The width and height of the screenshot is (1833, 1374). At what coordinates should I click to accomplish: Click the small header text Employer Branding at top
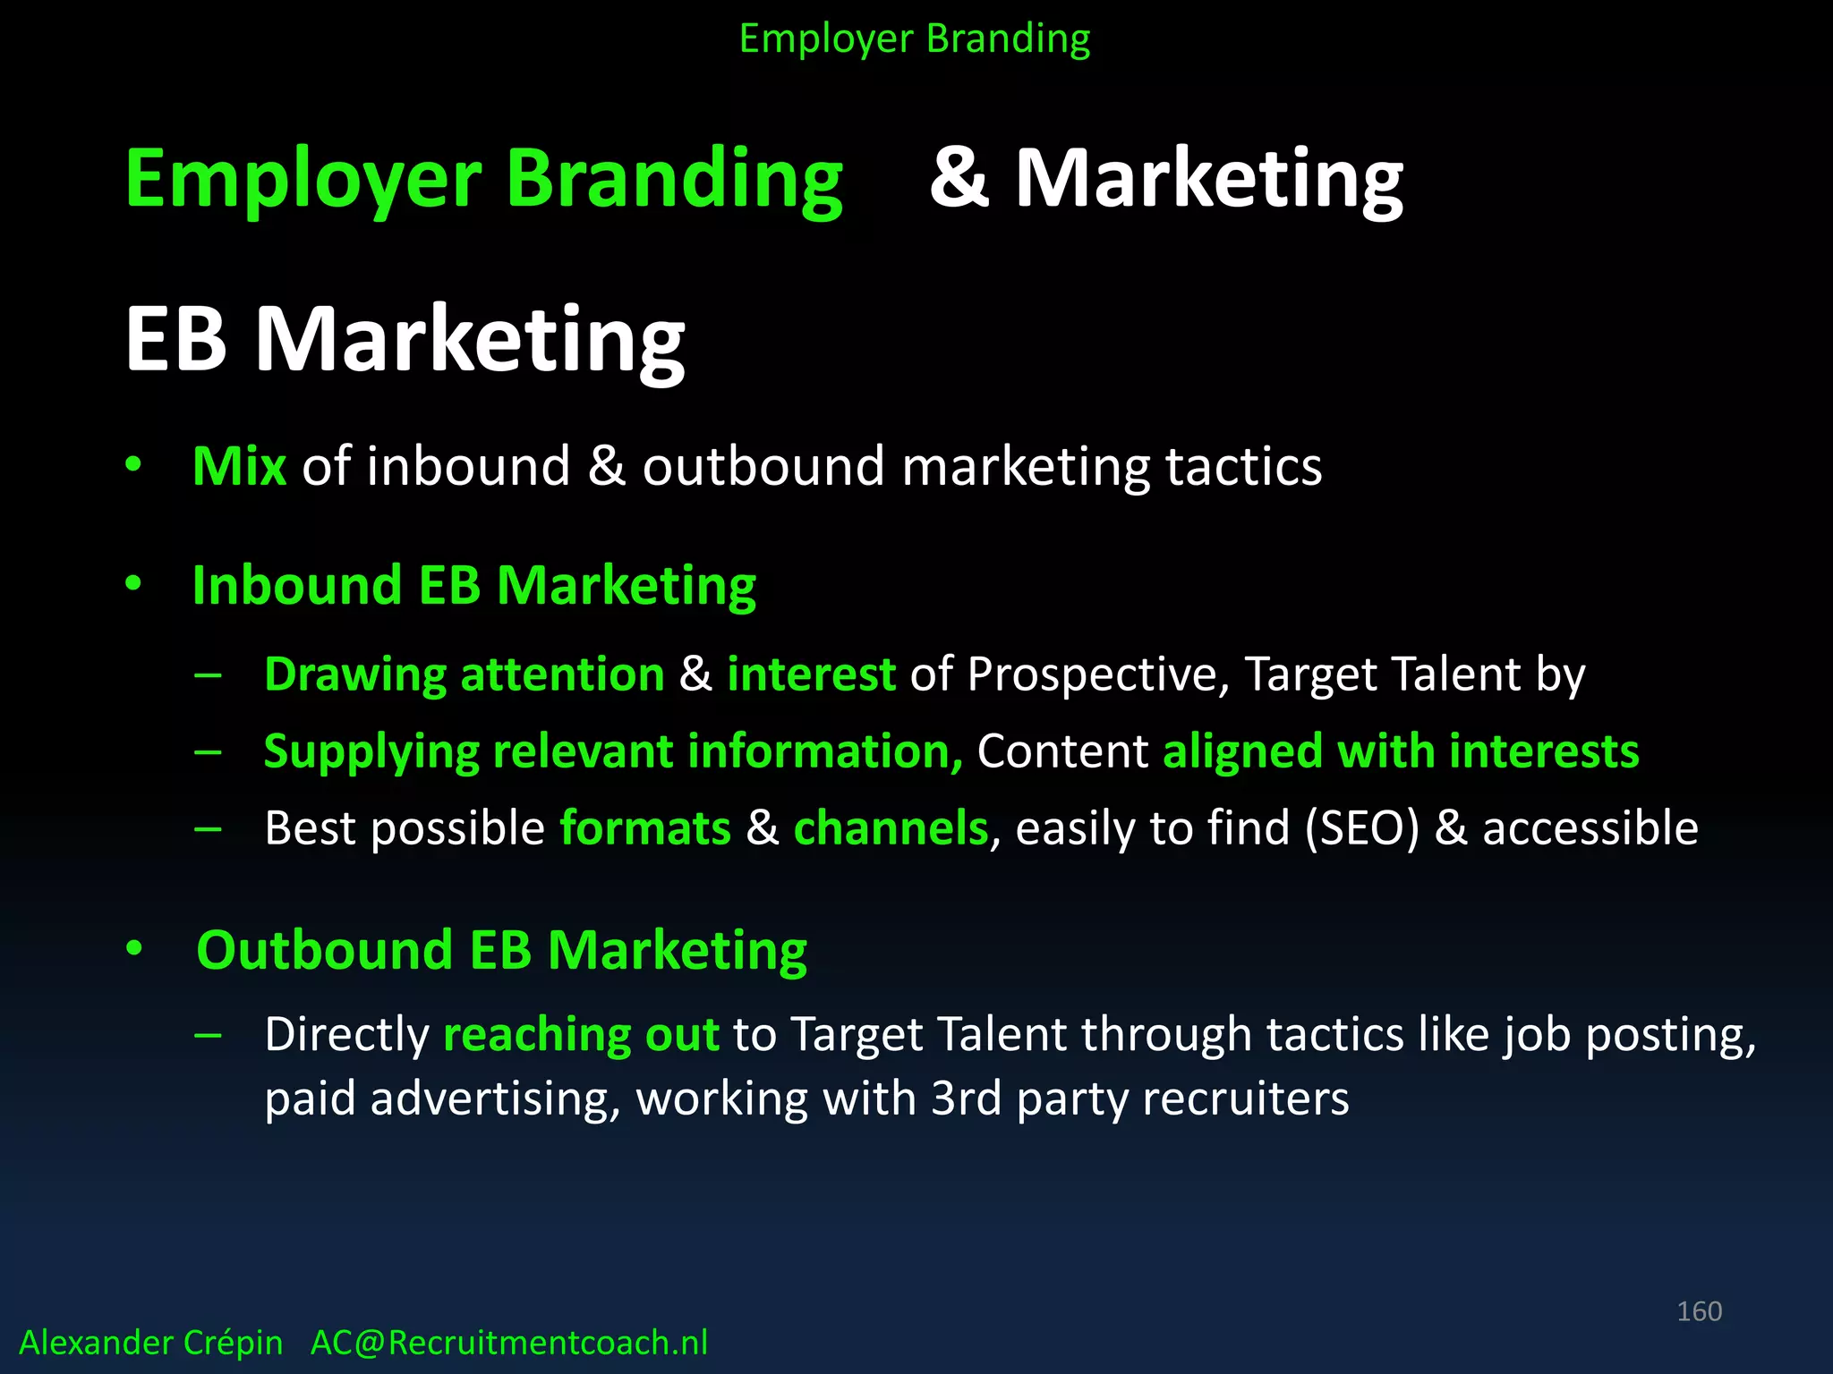click(x=915, y=39)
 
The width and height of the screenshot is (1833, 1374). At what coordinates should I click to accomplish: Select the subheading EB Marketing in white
click(x=405, y=339)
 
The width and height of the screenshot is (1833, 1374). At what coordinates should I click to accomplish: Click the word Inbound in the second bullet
click(x=296, y=586)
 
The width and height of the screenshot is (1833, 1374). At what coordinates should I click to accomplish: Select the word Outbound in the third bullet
click(x=324, y=950)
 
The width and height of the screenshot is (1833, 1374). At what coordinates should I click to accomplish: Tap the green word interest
click(x=811, y=674)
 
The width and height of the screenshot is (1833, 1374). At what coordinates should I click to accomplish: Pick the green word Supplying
click(x=371, y=752)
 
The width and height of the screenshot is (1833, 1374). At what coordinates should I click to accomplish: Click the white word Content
click(x=1062, y=751)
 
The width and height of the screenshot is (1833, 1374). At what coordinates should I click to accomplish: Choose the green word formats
click(x=645, y=828)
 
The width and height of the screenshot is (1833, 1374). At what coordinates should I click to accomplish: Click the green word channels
click(x=891, y=828)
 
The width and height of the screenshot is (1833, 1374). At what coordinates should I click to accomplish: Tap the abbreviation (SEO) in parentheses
click(x=1361, y=828)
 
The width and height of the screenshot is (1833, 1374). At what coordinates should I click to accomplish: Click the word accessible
click(x=1590, y=828)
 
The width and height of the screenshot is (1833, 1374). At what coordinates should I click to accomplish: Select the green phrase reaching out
click(x=581, y=1035)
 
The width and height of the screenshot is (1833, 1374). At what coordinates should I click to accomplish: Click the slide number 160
click(x=1699, y=1311)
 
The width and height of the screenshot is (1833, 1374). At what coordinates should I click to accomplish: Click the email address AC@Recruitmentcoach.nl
click(x=508, y=1343)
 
